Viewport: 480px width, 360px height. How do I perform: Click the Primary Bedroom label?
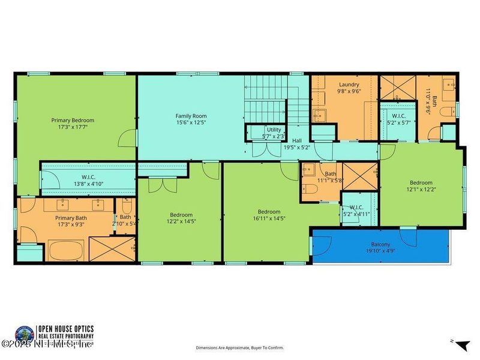[x=72, y=124]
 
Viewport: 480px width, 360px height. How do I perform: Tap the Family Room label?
[x=191, y=119]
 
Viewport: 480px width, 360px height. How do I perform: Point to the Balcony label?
[x=380, y=248]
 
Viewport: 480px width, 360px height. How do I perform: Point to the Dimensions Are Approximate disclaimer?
[x=239, y=347]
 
